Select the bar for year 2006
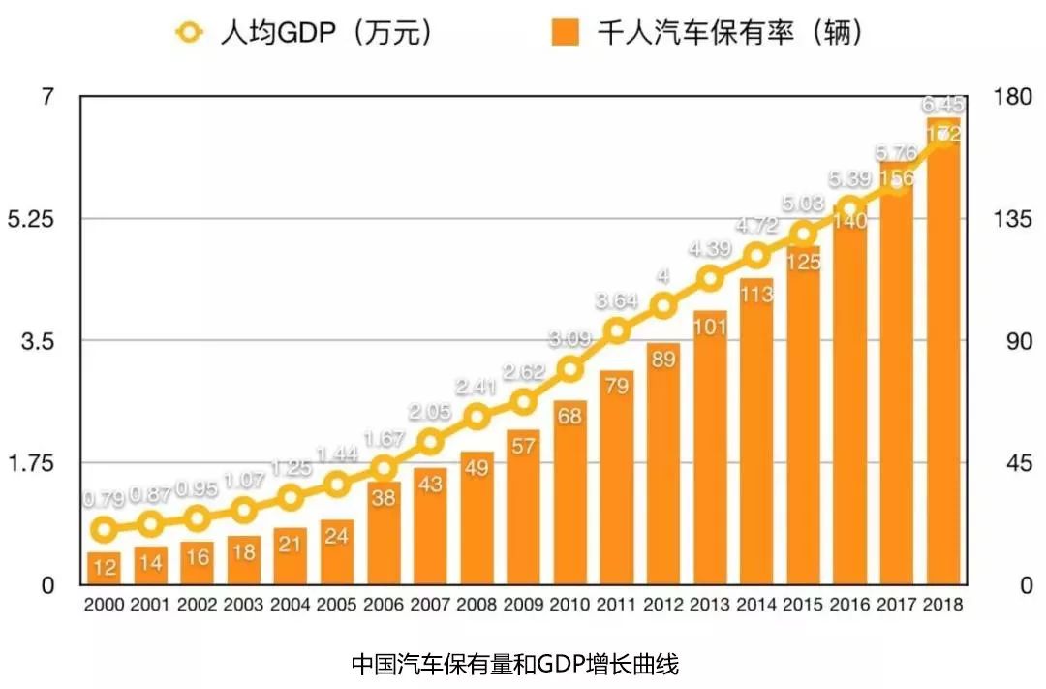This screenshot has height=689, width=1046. (x=384, y=533)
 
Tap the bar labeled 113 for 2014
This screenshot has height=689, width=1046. (x=756, y=431)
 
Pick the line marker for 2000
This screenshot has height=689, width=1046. (x=105, y=529)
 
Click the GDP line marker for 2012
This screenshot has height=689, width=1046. (x=663, y=307)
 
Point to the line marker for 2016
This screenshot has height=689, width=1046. (x=849, y=208)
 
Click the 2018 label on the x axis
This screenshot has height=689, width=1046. (x=942, y=605)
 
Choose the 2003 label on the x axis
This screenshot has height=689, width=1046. (x=244, y=605)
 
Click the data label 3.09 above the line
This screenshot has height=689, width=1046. (x=569, y=340)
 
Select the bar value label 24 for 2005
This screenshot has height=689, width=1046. (x=337, y=536)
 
